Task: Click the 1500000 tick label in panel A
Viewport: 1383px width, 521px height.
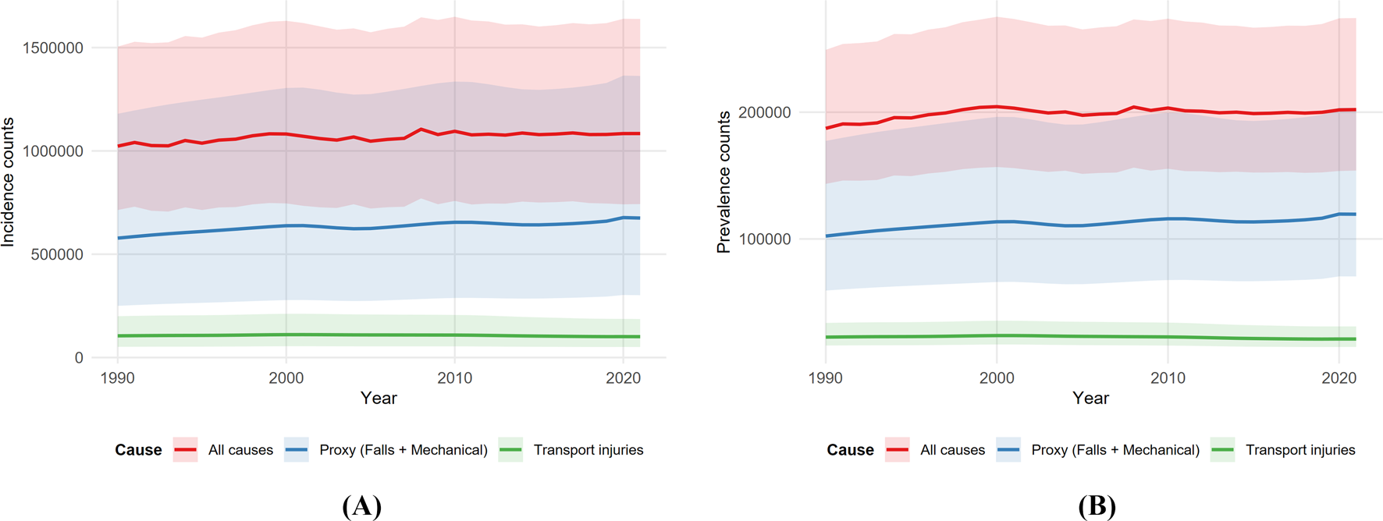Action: click(x=53, y=48)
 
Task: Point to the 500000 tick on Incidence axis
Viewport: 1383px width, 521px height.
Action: click(x=57, y=254)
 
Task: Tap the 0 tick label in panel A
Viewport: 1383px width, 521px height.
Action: click(x=79, y=357)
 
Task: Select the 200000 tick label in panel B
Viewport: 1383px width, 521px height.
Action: click(x=764, y=112)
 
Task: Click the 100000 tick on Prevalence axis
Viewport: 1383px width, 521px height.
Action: click(x=764, y=239)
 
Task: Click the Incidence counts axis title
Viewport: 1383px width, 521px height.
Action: click(x=9, y=182)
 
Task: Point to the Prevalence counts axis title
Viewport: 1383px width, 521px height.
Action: click(x=723, y=182)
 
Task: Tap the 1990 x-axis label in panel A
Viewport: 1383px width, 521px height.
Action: click(x=118, y=378)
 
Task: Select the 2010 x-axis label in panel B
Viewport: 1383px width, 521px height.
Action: click(x=1168, y=378)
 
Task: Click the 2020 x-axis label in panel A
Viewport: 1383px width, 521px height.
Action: click(x=623, y=378)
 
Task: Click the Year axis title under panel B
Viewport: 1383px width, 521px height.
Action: click(x=1090, y=399)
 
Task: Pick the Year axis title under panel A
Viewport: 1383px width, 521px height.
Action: click(x=379, y=399)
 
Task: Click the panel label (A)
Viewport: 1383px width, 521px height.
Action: click(x=361, y=506)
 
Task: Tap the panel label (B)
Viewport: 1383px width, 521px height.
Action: click(x=1097, y=506)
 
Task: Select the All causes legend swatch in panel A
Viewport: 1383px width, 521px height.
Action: click(x=186, y=450)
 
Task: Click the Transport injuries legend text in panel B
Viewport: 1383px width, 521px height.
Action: click(x=1300, y=450)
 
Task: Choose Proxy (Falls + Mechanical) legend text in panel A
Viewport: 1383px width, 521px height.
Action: click(x=404, y=450)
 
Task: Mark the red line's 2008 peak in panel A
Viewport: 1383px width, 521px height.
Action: click(x=421, y=129)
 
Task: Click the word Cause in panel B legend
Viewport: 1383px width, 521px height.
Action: click(x=850, y=450)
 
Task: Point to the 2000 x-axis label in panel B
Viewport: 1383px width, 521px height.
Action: click(x=997, y=378)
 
